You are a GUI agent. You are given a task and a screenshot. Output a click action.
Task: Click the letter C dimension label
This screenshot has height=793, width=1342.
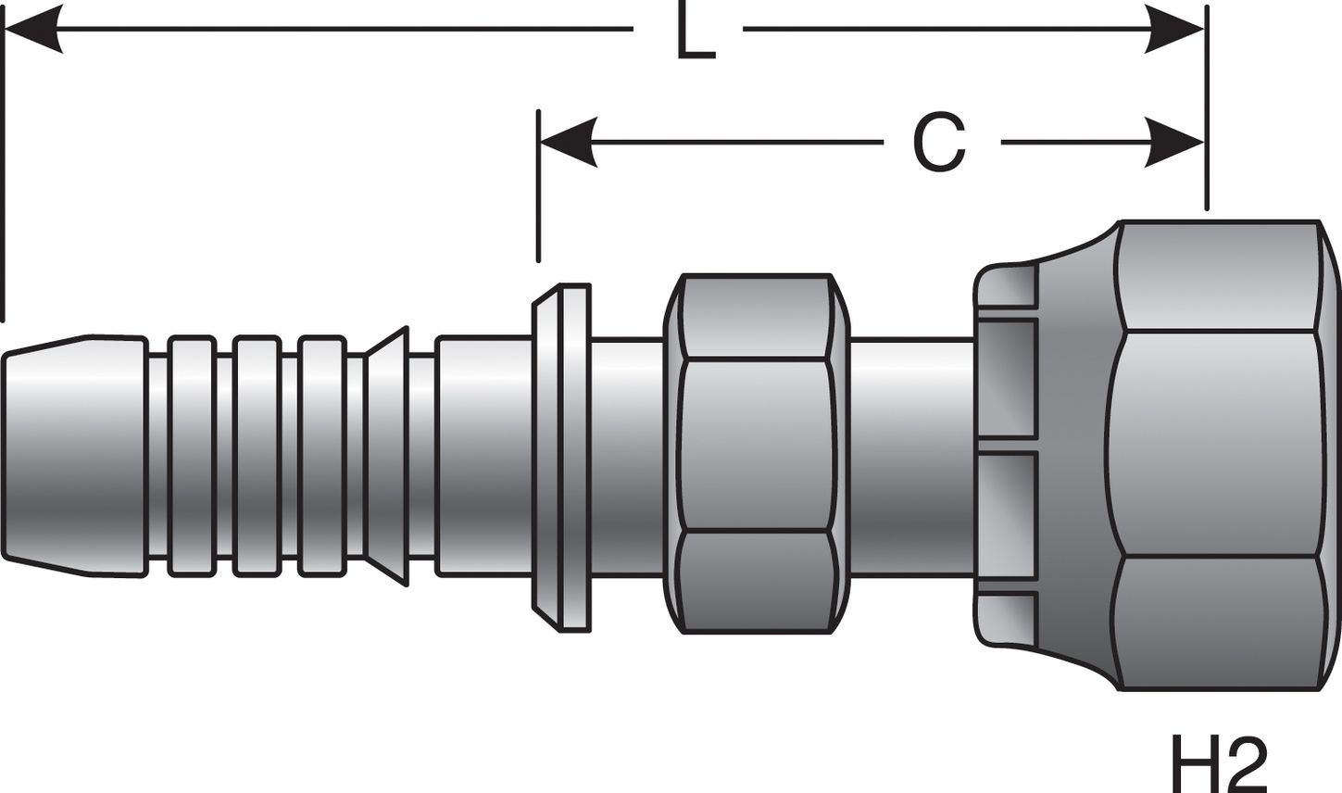coord(939,145)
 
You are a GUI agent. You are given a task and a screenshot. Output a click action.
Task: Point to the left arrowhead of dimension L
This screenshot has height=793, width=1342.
coord(33,29)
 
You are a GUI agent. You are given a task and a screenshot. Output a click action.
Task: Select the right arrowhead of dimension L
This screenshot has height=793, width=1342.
coord(1174,29)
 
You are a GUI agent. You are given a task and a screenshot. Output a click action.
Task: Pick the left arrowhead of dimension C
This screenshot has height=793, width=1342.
coord(567,144)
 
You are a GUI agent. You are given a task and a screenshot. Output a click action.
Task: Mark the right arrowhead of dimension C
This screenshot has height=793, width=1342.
coord(1174,144)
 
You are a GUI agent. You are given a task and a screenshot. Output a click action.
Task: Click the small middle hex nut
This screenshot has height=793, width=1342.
coord(756,454)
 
